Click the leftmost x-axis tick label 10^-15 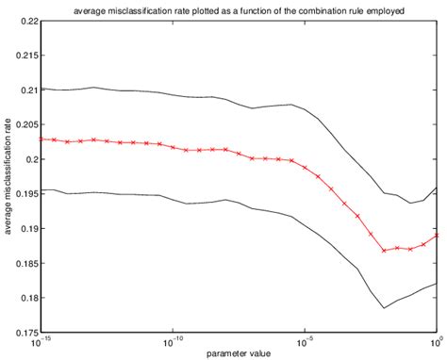41,340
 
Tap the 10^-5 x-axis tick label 305,340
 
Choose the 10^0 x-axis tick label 436,340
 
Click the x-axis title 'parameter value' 238,353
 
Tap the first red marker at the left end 42,139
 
